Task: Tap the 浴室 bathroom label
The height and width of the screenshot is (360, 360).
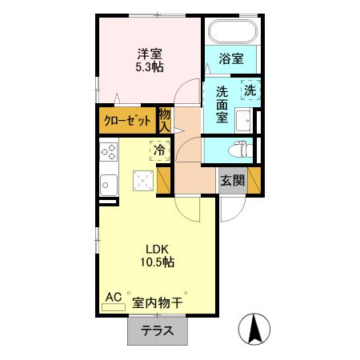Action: point(231,58)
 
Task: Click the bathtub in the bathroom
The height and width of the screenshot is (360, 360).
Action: point(231,33)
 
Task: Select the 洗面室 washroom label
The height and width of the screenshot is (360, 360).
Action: point(222,104)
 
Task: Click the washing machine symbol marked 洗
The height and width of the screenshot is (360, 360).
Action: point(250,91)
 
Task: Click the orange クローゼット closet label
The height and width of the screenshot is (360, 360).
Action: point(126,122)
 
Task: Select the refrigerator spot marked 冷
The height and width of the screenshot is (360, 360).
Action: point(160,150)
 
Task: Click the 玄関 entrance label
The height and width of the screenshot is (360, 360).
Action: point(234,181)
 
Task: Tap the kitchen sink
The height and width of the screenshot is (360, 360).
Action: point(108,183)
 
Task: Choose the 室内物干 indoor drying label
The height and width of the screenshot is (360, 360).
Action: point(158,303)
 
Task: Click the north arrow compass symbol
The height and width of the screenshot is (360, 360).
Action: point(255,328)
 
